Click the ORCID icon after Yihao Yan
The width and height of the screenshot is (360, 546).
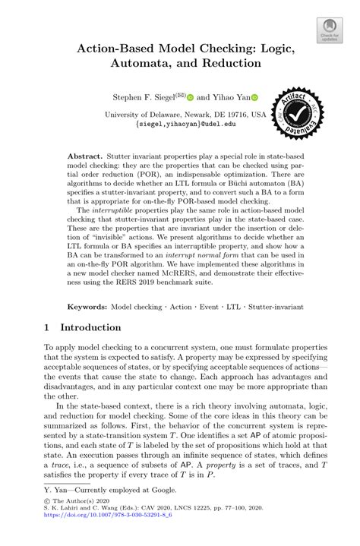coord(255,98)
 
